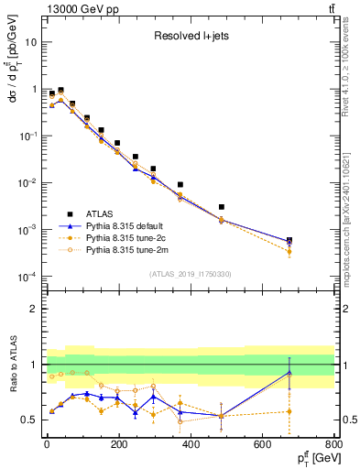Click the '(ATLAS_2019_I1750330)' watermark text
(x=191, y=274)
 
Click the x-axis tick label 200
(x=118, y=445)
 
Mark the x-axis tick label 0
(x=47, y=445)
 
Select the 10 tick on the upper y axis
(x=33, y=42)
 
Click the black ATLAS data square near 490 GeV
(x=222, y=207)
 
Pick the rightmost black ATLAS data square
(x=289, y=240)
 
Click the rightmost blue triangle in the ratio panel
(x=289, y=372)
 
